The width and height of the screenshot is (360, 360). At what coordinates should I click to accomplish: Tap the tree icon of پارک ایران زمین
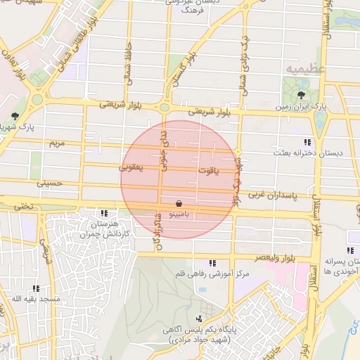[302, 95]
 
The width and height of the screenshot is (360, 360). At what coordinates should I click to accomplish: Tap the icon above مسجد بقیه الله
[35, 288]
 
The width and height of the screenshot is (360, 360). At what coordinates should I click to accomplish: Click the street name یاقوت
[208, 169]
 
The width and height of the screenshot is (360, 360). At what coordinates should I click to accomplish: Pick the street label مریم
[56, 143]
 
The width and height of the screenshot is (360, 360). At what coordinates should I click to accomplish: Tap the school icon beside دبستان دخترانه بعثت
[307, 141]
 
